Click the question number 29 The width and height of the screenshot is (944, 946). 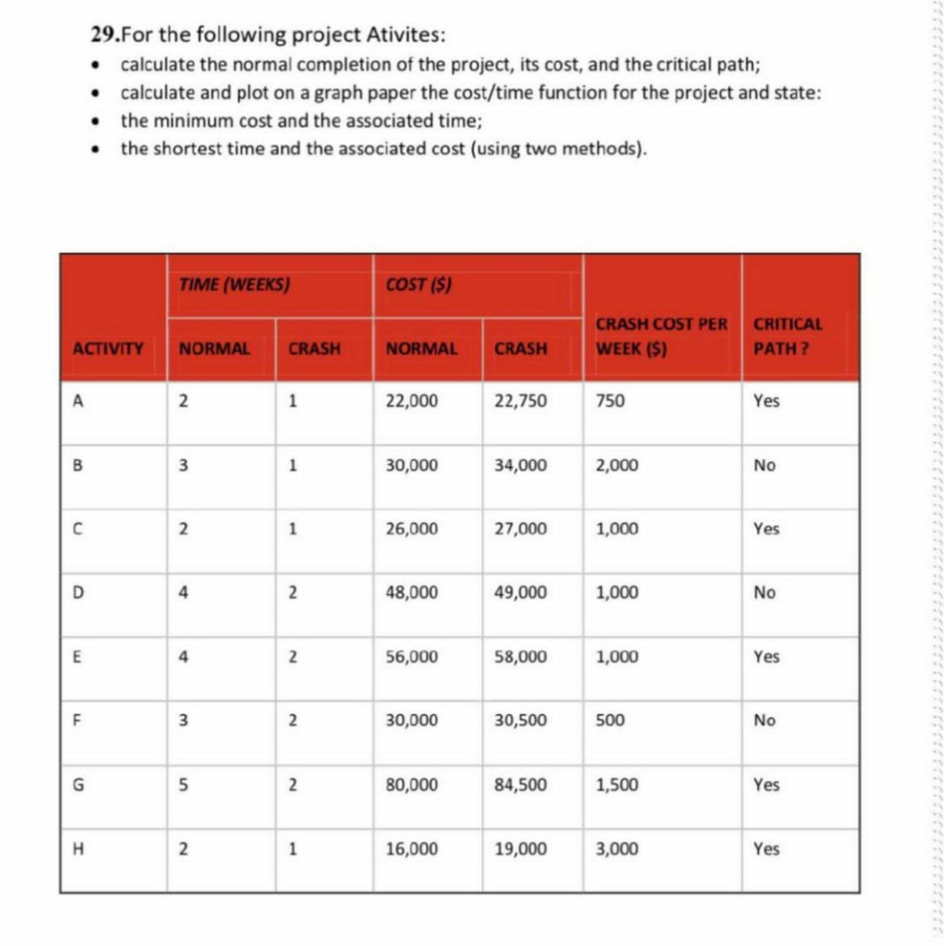click(x=102, y=36)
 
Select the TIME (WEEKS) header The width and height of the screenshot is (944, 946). click(x=233, y=283)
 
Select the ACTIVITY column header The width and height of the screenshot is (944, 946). click(x=108, y=348)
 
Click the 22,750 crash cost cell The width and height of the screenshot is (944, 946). click(x=521, y=401)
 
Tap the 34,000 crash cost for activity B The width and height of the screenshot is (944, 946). click(x=521, y=465)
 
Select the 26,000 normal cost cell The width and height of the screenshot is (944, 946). click(x=412, y=529)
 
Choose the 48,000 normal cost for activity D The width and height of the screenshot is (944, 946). click(x=412, y=593)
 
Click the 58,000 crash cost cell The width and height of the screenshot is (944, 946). click(x=521, y=657)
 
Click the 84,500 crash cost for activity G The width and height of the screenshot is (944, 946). click(x=521, y=785)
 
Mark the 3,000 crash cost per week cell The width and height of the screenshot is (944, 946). click(x=616, y=849)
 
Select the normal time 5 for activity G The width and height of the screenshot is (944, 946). click(x=184, y=785)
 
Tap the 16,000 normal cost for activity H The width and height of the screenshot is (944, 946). click(x=412, y=849)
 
